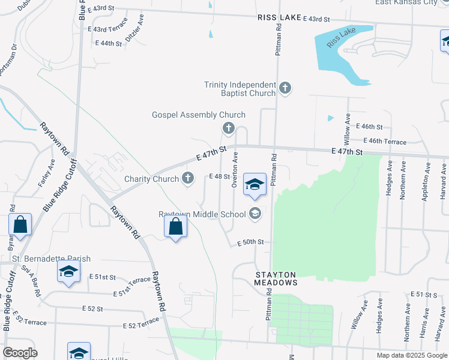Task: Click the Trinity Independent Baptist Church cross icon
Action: click(x=285, y=89)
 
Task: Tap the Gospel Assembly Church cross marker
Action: click(x=228, y=127)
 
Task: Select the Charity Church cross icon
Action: click(x=188, y=178)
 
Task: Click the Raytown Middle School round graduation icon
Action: click(x=255, y=214)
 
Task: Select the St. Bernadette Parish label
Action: click(x=52, y=259)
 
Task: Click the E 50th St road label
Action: click(x=250, y=242)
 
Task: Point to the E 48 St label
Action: click(x=219, y=176)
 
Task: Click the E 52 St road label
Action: click(x=93, y=308)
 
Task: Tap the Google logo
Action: click(x=20, y=353)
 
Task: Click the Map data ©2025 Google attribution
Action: click(x=411, y=355)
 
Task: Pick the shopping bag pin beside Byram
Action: click(x=20, y=226)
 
